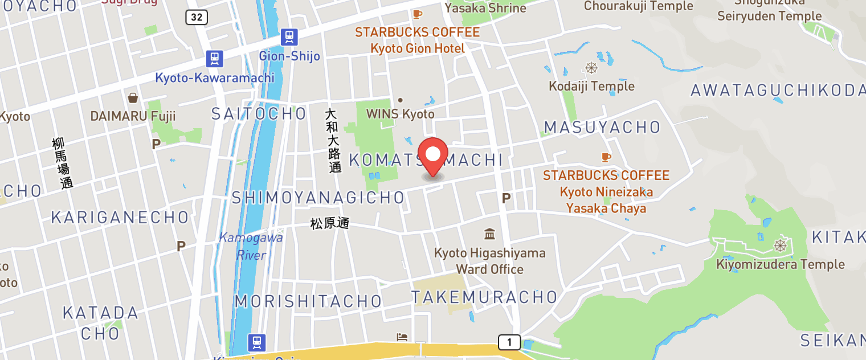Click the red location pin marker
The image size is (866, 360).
[433, 155]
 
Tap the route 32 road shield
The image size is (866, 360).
[196, 17]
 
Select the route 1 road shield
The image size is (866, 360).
[509, 342]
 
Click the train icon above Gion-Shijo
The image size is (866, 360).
[289, 38]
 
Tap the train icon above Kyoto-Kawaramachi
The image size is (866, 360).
[214, 58]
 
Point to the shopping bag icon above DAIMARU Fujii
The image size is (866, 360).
[133, 98]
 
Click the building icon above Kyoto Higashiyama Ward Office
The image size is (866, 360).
[489, 234]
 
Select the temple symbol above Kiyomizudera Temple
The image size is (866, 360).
[779, 246]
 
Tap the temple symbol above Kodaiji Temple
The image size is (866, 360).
[591, 68]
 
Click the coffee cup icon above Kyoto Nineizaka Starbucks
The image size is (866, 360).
[606, 157]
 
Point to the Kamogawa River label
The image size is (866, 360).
[251, 246]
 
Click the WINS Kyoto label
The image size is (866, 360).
[400, 113]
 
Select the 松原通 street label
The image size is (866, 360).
[329, 224]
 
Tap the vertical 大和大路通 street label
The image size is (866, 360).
[333, 141]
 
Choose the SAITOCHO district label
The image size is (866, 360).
[259, 113]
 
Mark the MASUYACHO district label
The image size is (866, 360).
[602, 127]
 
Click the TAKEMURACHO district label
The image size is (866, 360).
[484, 297]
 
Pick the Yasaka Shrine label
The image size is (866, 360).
[485, 7]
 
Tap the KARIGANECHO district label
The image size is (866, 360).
[120, 217]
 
